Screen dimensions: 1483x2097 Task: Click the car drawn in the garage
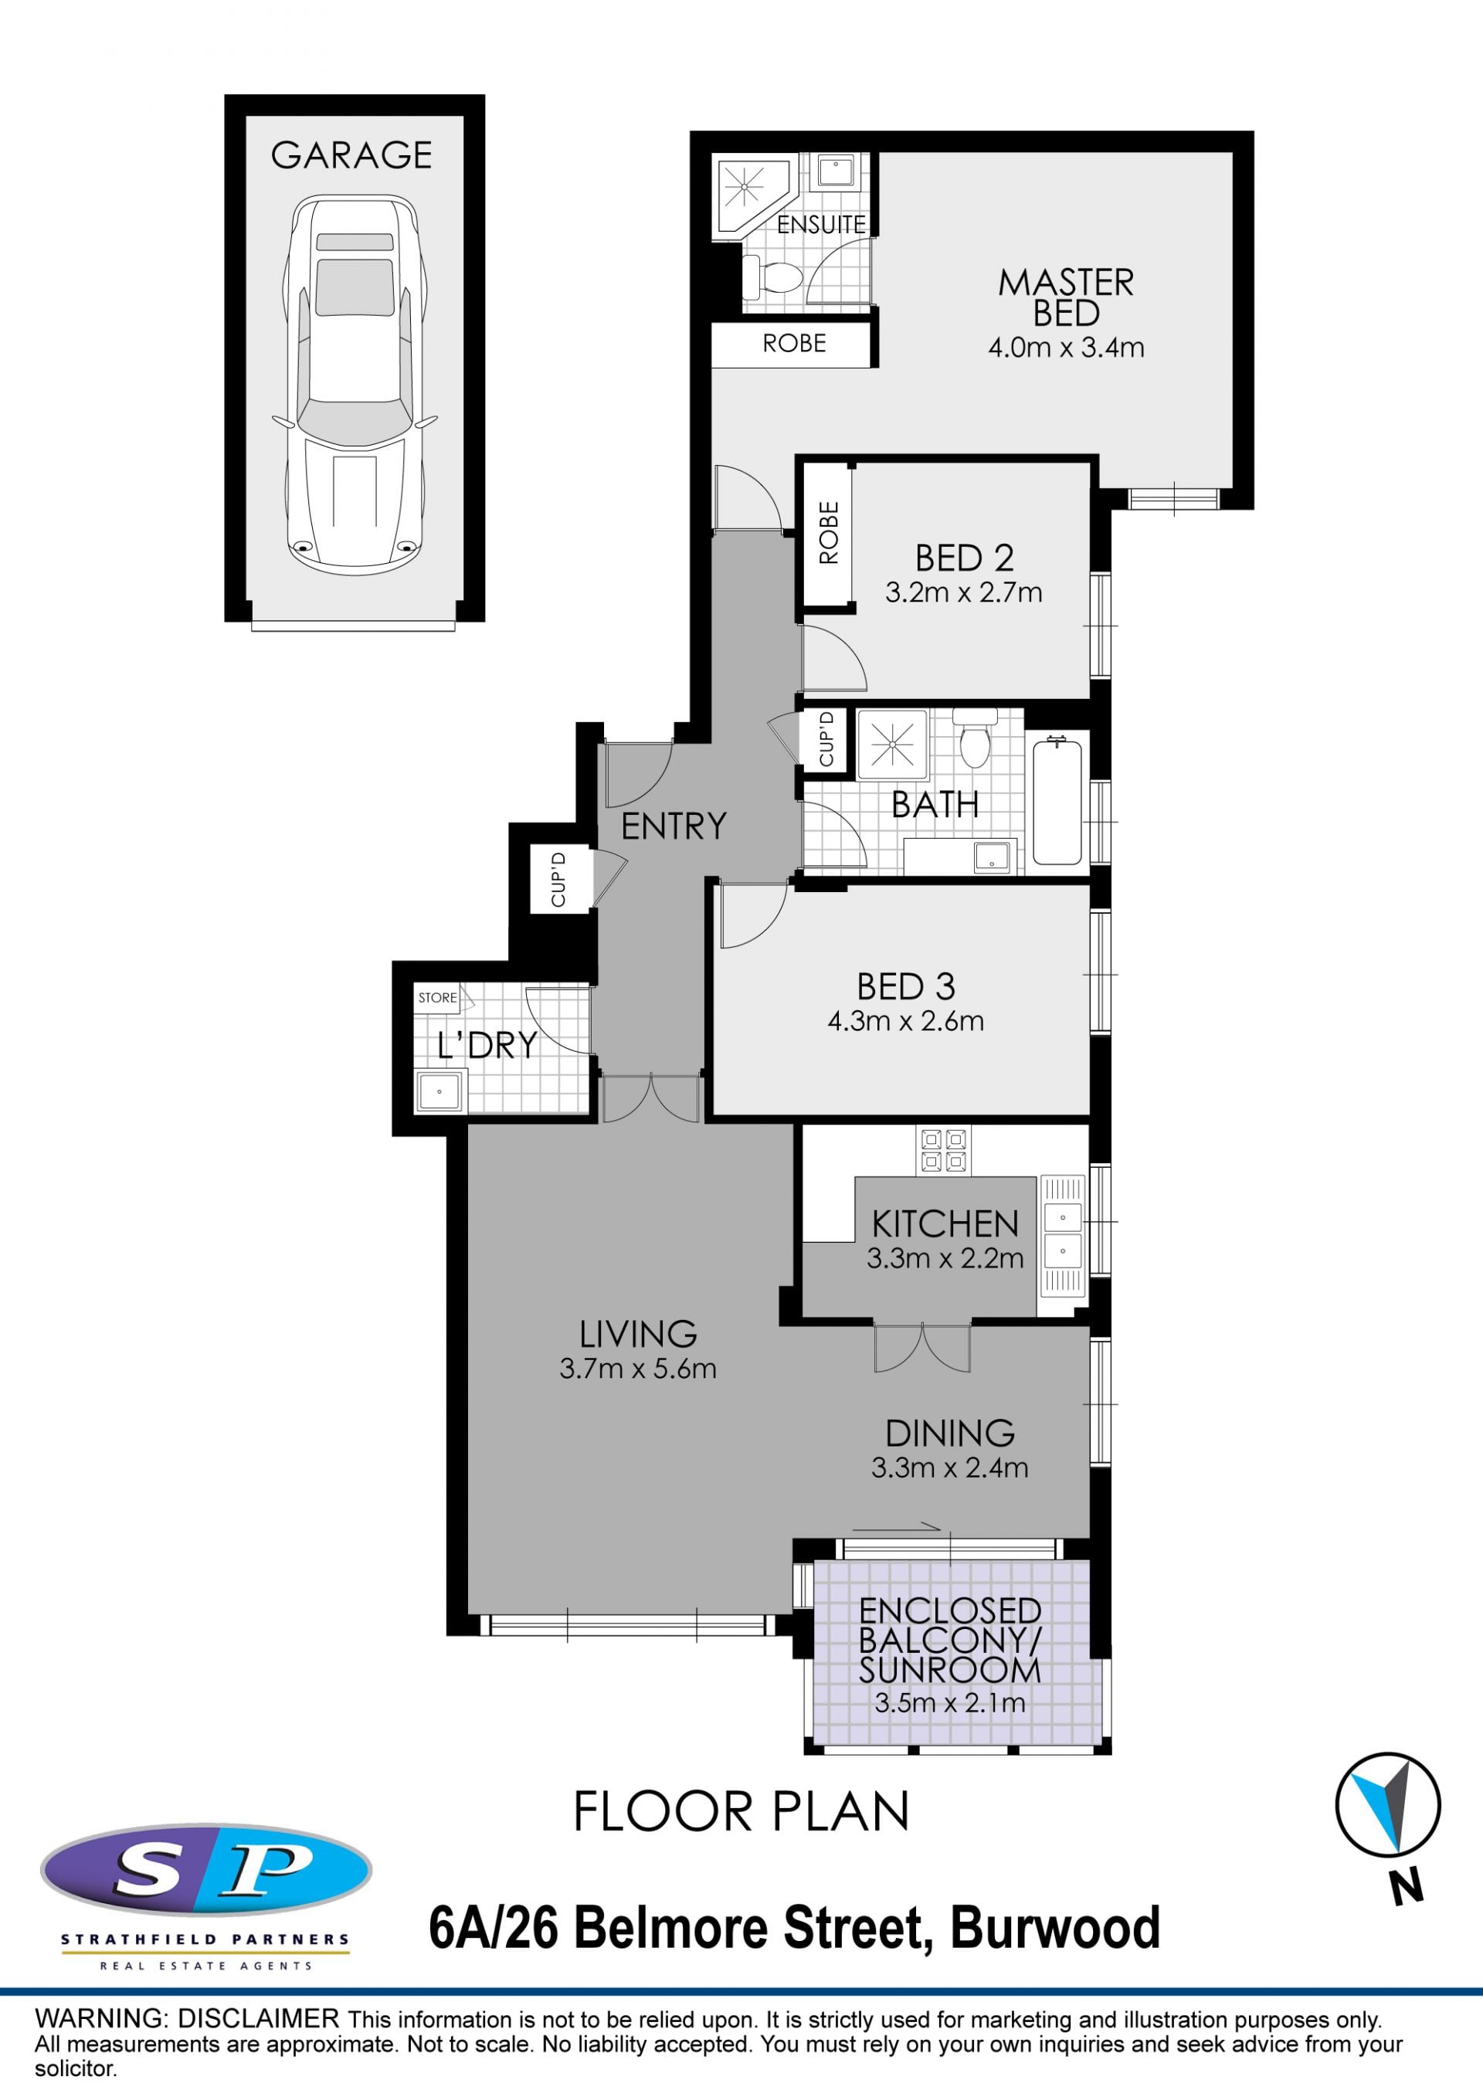tap(355, 385)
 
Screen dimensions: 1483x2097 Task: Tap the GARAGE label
tap(351, 155)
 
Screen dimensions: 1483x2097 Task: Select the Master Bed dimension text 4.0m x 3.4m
tap(1066, 348)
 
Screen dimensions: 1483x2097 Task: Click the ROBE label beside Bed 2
tap(828, 532)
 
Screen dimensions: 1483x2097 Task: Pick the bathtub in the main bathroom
tap(1057, 802)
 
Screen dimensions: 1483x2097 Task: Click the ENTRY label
tap(674, 826)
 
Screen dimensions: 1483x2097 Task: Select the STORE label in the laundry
tap(437, 997)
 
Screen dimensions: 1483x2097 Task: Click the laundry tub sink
tap(440, 1091)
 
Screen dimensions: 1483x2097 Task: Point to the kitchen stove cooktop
tap(943, 1150)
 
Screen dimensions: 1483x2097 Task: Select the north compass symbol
tap(1388, 1806)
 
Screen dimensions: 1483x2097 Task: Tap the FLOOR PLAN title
tap(741, 1811)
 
